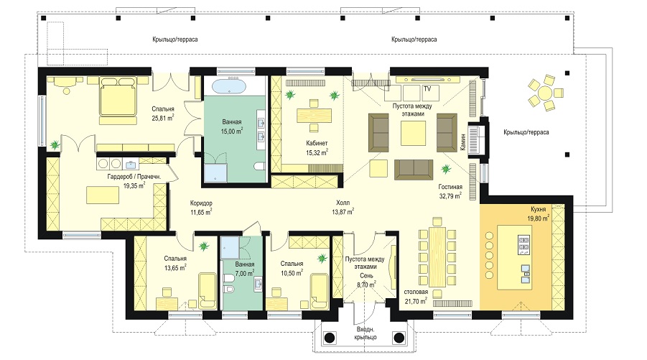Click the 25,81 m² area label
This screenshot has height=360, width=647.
(x=162, y=118)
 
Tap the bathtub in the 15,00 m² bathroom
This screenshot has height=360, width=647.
(x=229, y=87)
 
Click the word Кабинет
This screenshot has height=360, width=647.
(x=317, y=143)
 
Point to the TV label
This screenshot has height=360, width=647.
(x=427, y=89)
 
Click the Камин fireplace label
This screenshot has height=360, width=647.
(x=463, y=141)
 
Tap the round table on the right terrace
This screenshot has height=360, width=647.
(x=546, y=93)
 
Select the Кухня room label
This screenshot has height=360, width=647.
(x=538, y=210)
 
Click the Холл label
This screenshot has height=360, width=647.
(x=343, y=203)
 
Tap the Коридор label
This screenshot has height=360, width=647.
(x=201, y=203)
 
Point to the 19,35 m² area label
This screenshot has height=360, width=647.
(x=134, y=186)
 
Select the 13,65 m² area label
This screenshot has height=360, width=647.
(x=175, y=267)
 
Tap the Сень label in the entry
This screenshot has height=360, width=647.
(x=366, y=276)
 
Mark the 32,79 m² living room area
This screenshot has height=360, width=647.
(x=450, y=196)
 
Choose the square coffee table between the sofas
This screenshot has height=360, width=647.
(x=413, y=134)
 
